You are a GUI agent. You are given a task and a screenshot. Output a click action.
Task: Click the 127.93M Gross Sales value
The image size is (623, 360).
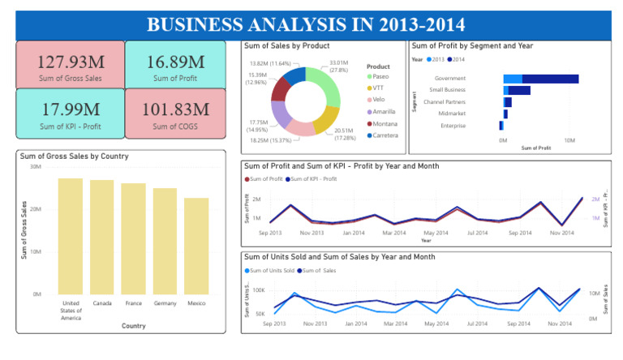[70, 62]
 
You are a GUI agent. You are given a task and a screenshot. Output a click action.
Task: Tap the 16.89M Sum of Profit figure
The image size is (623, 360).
[176, 62]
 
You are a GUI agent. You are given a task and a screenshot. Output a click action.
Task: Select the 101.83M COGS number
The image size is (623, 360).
[176, 109]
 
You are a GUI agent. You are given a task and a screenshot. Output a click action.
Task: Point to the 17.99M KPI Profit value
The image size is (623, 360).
[70, 109]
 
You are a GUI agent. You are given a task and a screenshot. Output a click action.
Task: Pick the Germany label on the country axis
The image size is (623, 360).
[165, 304]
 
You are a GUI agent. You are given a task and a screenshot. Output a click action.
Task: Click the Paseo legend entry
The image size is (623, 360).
[380, 76]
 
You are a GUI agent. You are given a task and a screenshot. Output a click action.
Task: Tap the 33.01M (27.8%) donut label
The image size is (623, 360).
[338, 66]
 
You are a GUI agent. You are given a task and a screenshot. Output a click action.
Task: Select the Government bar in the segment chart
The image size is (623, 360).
[541, 79]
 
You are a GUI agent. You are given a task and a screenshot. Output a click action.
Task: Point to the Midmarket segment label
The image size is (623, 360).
[451, 114]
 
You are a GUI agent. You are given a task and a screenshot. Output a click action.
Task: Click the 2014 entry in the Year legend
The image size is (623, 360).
[458, 59]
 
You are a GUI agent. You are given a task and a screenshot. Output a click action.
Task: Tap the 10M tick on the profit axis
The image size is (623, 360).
[569, 140]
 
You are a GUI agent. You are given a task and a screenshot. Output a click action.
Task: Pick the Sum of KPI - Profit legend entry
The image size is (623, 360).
[313, 178]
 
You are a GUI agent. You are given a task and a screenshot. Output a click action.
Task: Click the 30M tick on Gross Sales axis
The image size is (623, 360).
[35, 167]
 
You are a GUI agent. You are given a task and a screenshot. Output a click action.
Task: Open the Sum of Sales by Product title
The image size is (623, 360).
[282, 46]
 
